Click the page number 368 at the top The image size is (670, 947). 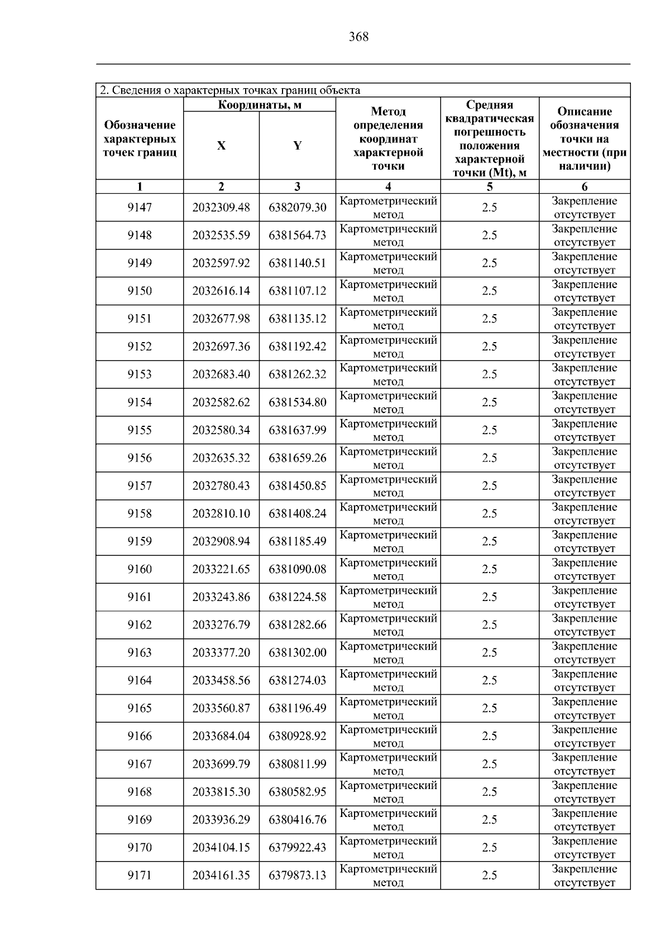tap(358, 37)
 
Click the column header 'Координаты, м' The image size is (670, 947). tap(260, 105)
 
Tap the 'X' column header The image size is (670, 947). tap(221, 146)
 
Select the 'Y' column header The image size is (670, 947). tap(298, 146)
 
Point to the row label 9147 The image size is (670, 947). tap(140, 208)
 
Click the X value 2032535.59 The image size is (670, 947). tap(221, 235)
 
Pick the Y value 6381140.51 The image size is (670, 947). tap(298, 263)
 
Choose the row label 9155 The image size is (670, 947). tap(140, 430)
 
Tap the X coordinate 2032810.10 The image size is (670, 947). tap(221, 513)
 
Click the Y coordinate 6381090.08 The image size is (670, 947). tap(298, 569)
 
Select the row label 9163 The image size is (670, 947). tap(140, 652)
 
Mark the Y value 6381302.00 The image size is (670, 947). tap(298, 652)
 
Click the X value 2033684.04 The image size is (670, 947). tap(221, 736)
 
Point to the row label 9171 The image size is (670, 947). tap(140, 875)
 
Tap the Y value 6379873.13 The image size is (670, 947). tap(298, 875)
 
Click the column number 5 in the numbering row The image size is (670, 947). tap(490, 187)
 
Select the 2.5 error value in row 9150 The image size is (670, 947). tap(490, 291)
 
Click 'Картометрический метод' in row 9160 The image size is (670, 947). tap(388, 569)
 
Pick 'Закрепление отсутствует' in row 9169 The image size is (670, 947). tap(585, 820)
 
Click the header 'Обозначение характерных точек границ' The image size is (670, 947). tap(140, 139)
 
